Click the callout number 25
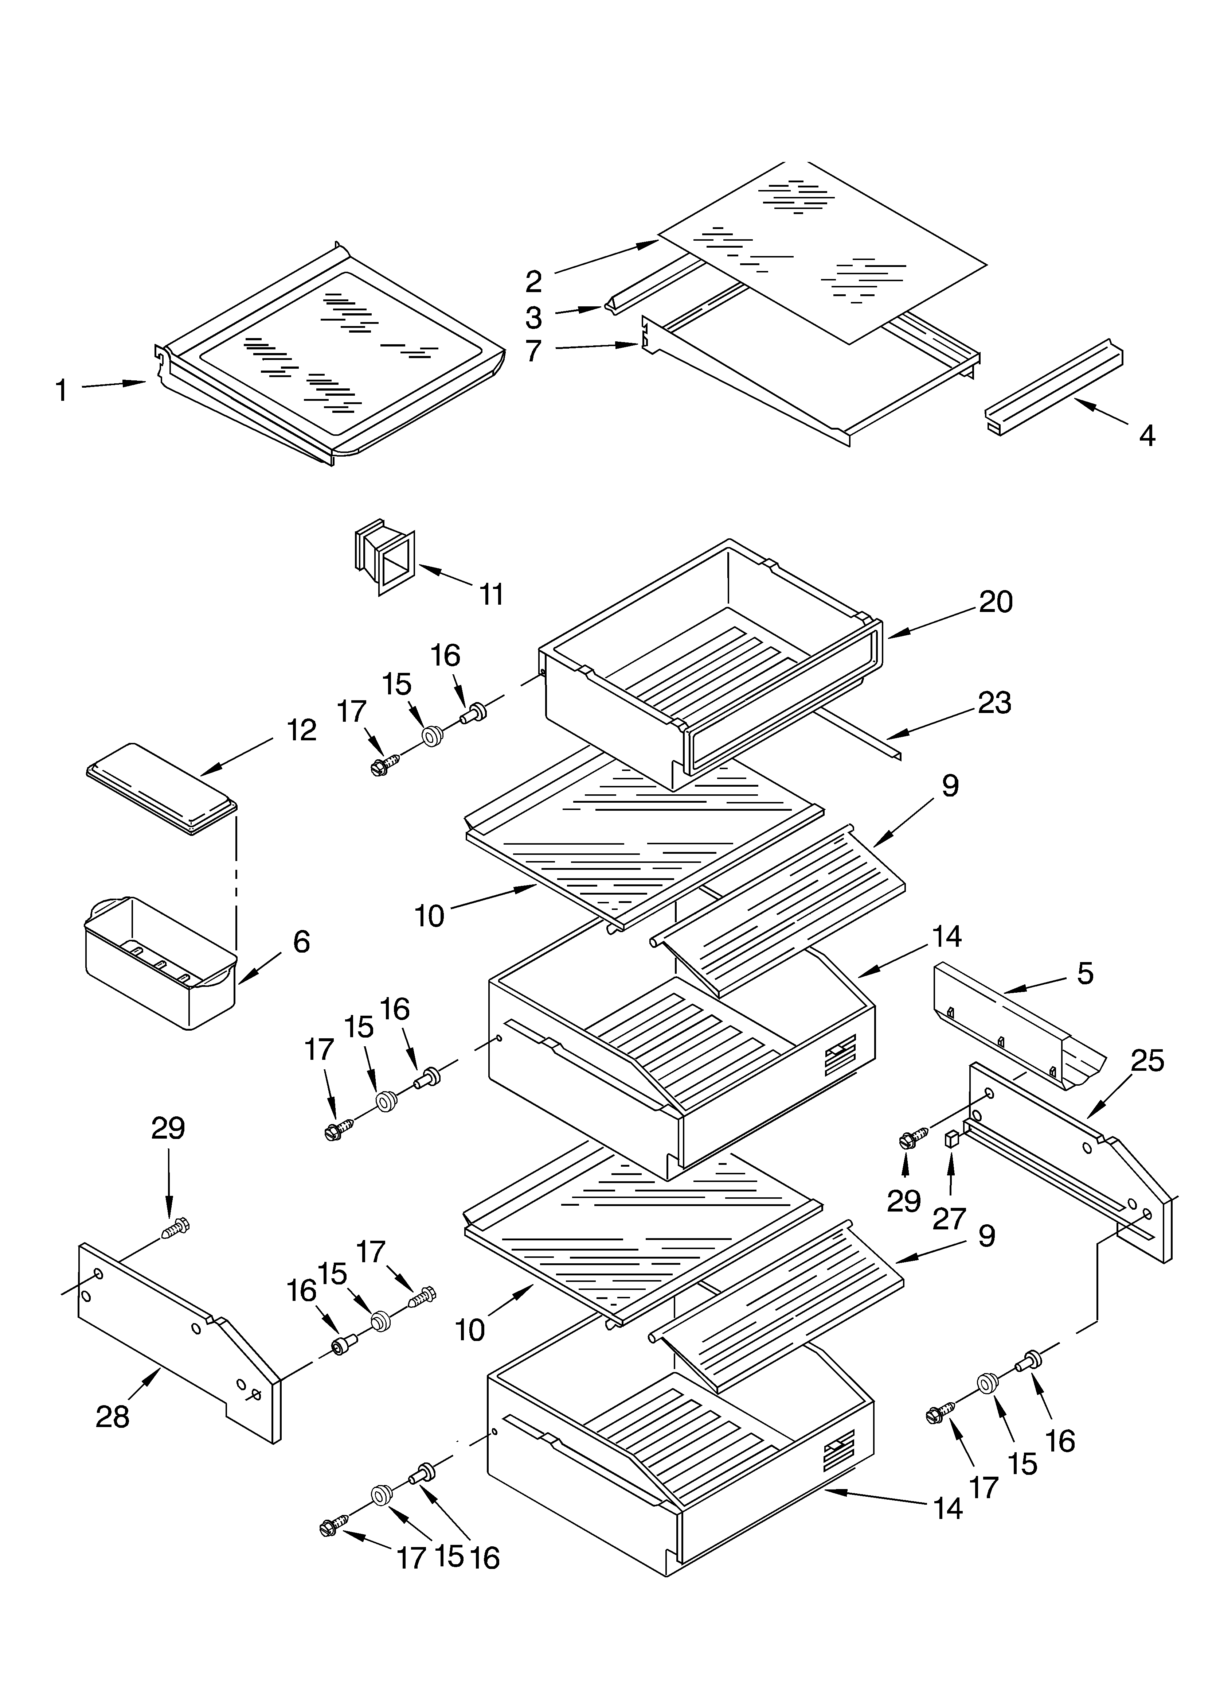pyautogui.click(x=1146, y=1061)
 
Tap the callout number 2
pyautogui.click(x=533, y=282)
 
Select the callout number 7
pyautogui.click(x=533, y=351)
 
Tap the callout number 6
pyautogui.click(x=301, y=942)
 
